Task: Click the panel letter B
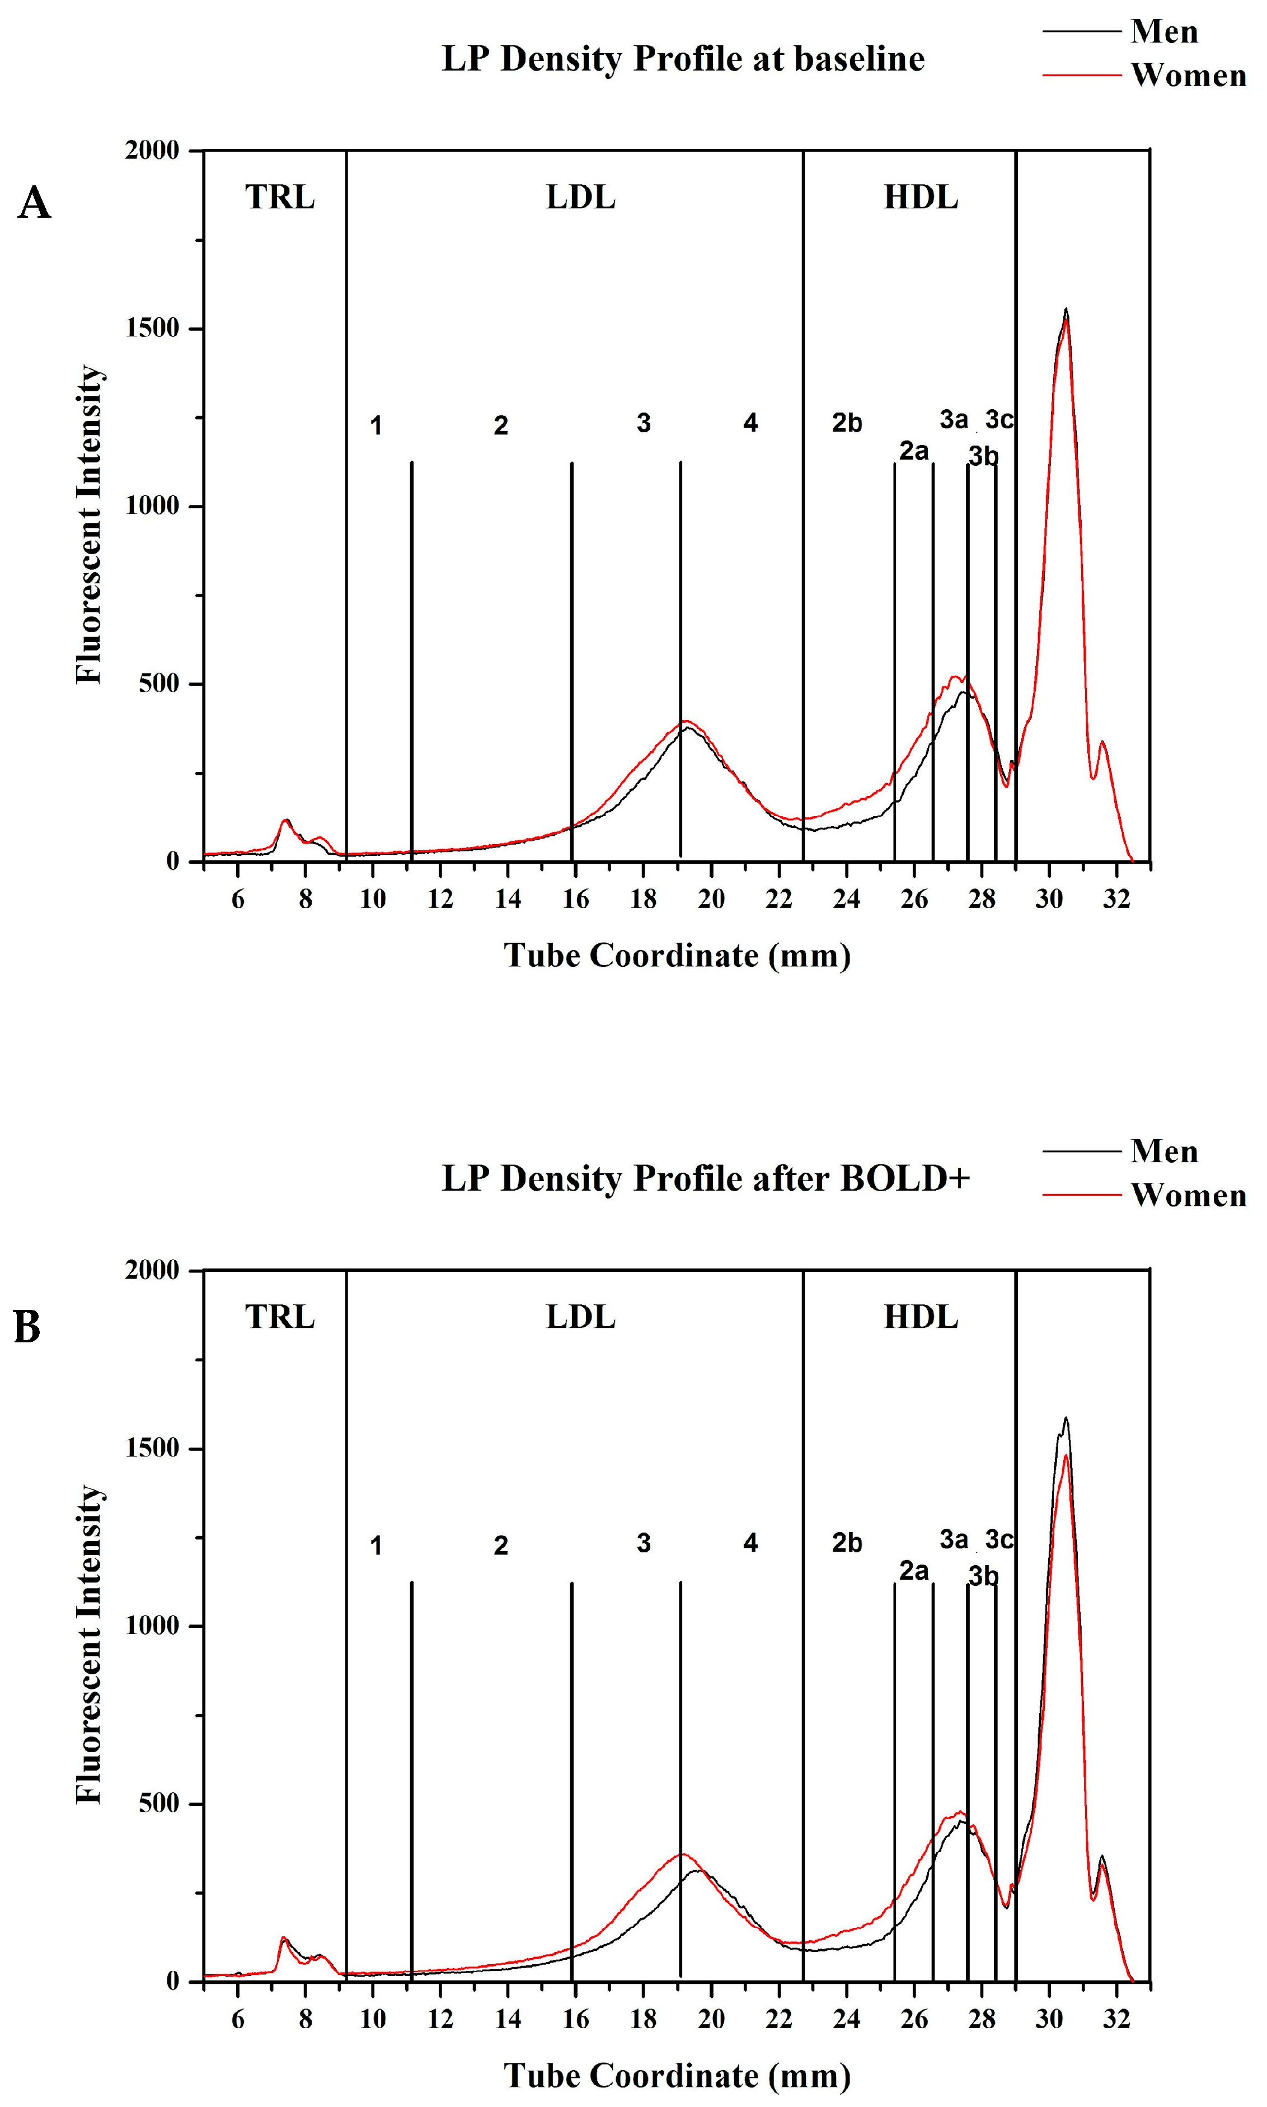pos(27,1328)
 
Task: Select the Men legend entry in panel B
pos(1163,1151)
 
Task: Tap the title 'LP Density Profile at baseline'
pos(682,59)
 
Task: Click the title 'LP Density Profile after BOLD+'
pos(705,1178)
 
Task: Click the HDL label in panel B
pos(921,1317)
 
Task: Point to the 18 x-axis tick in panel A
pos(643,899)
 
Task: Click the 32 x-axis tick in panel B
pos(1116,2019)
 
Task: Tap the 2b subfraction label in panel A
pos(847,423)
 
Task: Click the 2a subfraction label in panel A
pos(913,450)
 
